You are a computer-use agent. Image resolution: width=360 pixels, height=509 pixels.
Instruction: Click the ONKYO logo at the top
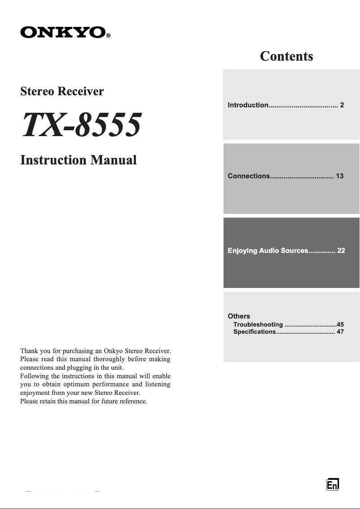[62, 32]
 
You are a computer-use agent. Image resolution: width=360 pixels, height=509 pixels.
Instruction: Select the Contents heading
[286, 56]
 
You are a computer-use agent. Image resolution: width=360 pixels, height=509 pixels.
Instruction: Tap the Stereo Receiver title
[62, 91]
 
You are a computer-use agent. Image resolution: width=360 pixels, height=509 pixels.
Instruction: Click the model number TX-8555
[81, 125]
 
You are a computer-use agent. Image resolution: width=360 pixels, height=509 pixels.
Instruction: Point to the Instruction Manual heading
[79, 160]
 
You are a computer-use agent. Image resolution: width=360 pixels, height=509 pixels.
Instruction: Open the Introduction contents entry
[248, 105]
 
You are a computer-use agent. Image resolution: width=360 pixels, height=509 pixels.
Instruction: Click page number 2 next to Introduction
[342, 105]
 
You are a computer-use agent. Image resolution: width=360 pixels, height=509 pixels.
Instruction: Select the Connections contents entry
[249, 176]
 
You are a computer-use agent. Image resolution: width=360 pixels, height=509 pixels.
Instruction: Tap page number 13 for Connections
[339, 176]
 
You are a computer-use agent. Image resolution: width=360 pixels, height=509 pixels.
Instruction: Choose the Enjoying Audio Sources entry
[268, 251]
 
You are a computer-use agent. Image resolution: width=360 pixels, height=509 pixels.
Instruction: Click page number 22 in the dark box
[341, 251]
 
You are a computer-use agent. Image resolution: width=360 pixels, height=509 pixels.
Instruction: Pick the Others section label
[239, 316]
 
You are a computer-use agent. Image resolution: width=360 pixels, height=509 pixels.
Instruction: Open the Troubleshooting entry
[258, 324]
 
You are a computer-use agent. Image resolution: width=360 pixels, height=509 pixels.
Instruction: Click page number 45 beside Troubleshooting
[340, 324]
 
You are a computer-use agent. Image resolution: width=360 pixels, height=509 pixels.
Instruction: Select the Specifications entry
[254, 332]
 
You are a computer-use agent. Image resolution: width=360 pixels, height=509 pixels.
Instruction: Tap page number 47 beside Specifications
[340, 332]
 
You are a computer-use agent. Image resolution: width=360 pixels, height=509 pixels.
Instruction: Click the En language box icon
[332, 485]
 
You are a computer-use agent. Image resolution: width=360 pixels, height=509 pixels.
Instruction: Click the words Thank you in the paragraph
[33, 350]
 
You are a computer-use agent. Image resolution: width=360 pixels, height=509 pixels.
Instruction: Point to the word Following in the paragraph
[34, 376]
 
